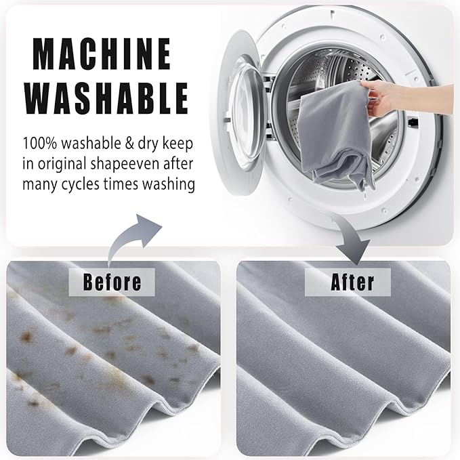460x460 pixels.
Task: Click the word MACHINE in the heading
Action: pyautogui.click(x=102, y=54)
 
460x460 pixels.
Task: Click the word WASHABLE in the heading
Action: pyautogui.click(x=106, y=98)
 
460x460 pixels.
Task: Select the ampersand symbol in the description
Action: pyautogui.click(x=129, y=144)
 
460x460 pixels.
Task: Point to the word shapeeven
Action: pyautogui.click(x=125, y=164)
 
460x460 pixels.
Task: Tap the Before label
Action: pyautogui.click(x=112, y=283)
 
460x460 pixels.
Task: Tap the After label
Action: pyautogui.click(x=352, y=283)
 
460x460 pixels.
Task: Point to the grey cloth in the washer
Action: pyautogui.click(x=335, y=135)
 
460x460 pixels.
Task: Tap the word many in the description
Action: pyautogui.click(x=40, y=184)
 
